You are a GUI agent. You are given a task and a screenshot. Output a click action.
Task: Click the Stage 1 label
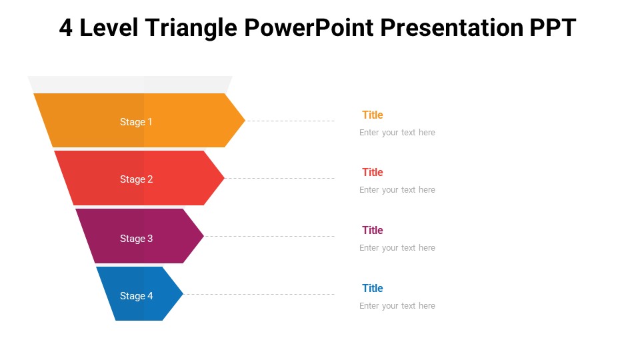(x=136, y=121)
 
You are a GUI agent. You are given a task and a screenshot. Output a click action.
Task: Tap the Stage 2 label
(x=136, y=179)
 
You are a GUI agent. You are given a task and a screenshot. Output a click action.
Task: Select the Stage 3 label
(x=136, y=239)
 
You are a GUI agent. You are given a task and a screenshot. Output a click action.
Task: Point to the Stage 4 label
(x=136, y=295)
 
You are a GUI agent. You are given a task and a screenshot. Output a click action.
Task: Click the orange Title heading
(x=372, y=115)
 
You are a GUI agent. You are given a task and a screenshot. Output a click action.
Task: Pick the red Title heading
(x=372, y=172)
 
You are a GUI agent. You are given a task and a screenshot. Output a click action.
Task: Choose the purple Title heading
(x=372, y=230)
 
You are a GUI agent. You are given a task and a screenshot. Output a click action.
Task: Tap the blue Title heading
(x=372, y=288)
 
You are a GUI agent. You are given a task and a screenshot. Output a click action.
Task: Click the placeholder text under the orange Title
(x=397, y=133)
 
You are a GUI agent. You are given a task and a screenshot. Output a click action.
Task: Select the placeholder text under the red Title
(x=397, y=190)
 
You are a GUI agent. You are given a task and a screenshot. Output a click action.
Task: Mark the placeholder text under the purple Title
(x=397, y=248)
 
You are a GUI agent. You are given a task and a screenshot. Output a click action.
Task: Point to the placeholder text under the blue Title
(x=397, y=306)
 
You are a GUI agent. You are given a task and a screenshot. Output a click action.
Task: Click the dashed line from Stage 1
(x=290, y=121)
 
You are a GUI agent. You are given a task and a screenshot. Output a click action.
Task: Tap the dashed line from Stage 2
(x=279, y=179)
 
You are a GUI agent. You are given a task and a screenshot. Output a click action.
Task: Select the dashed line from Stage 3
(x=269, y=236)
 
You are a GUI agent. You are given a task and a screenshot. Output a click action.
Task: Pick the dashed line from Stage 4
(x=259, y=294)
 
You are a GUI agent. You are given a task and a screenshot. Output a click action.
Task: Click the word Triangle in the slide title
(x=191, y=28)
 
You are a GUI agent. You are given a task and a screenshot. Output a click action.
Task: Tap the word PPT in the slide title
(x=553, y=28)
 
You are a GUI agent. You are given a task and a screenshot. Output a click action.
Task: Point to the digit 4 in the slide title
(x=66, y=28)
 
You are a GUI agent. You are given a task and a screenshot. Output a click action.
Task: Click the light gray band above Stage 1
(x=130, y=84)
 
